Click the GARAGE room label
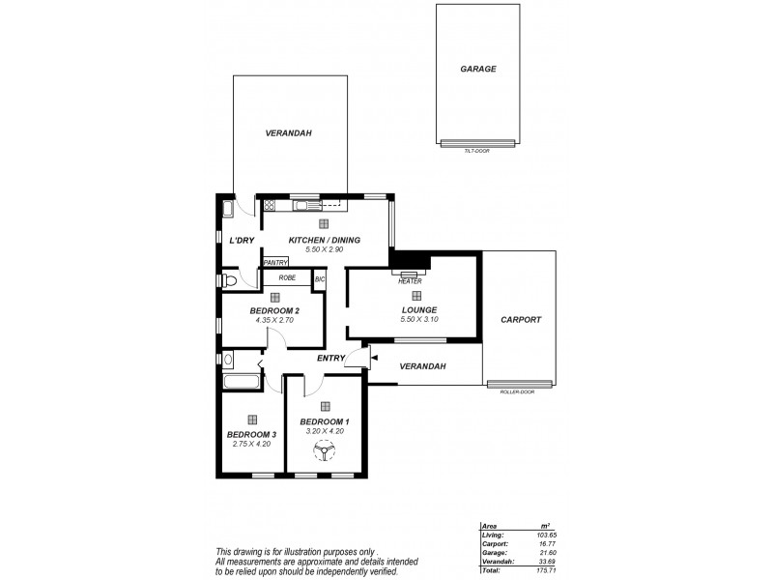tap(478, 70)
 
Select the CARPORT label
tap(521, 320)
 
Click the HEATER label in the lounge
tap(410, 281)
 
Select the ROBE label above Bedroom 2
tap(287, 278)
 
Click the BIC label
tap(320, 279)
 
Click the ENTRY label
tap(331, 360)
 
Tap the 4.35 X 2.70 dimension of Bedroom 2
tap(274, 320)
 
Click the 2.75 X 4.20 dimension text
tap(251, 444)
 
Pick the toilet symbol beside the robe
tap(229, 280)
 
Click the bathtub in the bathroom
tap(241, 381)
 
